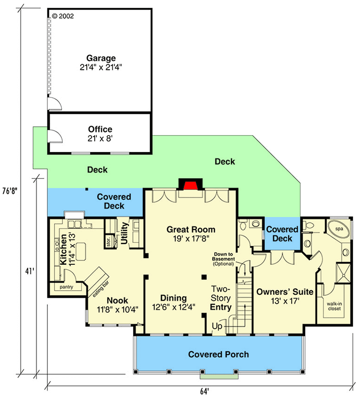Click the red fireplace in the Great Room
pos(190,186)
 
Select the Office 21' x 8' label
pos(100,134)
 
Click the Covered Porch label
pos(218,355)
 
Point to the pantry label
pos(66,288)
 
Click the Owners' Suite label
pos(284,296)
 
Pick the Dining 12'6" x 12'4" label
pos(174,302)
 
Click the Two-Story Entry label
pos(220,298)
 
